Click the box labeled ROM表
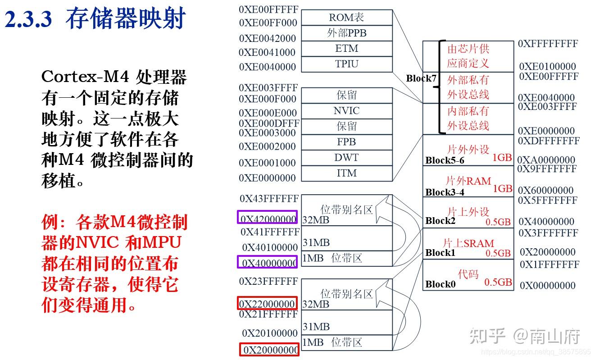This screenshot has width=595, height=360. [x=346, y=18]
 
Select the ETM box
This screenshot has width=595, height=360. [x=346, y=49]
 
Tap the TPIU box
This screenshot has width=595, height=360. [x=346, y=64]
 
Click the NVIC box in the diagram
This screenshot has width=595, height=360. [x=346, y=111]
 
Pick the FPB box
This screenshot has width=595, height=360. [x=346, y=142]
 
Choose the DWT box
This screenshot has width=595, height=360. [x=346, y=158]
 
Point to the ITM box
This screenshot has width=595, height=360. [x=346, y=173]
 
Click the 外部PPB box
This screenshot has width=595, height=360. [x=346, y=33]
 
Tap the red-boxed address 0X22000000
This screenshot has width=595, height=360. [x=268, y=303]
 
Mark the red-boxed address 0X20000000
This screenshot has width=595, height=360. [x=269, y=350]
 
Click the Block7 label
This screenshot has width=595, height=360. [x=421, y=78]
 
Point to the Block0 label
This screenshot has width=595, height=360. [x=440, y=284]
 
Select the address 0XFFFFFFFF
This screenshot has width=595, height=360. [x=547, y=44]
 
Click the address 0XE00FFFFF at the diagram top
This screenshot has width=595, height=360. [x=268, y=9]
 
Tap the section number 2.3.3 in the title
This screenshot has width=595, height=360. [x=28, y=20]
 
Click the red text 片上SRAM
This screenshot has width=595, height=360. [x=468, y=243]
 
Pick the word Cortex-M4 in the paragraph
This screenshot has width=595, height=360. [x=82, y=77]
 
